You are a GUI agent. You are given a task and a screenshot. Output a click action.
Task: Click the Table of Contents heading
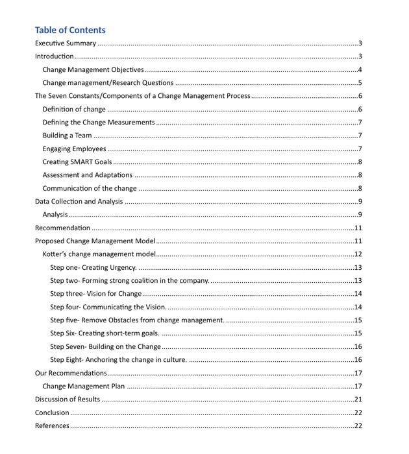point(70,30)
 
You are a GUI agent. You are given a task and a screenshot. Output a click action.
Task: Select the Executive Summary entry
point(66,43)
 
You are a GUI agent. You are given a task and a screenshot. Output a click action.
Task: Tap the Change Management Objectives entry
point(93,70)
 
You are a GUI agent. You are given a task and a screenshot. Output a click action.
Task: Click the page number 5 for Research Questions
point(359,83)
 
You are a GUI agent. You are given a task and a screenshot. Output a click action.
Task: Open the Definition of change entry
point(73,110)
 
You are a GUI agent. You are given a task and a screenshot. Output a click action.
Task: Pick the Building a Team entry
point(67,136)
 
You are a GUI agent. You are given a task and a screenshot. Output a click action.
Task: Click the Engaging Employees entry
point(74,149)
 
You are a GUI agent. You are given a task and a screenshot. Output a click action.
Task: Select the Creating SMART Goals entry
point(77,162)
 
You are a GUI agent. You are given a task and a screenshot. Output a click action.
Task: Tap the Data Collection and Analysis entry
point(79,202)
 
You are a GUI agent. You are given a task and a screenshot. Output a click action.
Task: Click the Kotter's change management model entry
point(99,254)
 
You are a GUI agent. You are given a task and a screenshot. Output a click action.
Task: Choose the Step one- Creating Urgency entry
point(93,268)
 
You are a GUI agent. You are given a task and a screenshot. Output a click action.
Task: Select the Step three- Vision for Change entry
point(95,294)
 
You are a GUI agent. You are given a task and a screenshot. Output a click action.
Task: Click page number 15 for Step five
point(358,320)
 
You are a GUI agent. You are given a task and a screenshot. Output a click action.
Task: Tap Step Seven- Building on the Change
point(105,347)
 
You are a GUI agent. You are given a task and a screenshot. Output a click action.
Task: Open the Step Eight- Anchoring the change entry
point(118,360)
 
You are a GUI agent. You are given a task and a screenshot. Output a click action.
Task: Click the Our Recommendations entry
point(71,373)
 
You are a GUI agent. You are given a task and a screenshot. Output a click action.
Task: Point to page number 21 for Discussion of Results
point(358,400)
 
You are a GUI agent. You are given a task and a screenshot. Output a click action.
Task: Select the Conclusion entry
point(52,412)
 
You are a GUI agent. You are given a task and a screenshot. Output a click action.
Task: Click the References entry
point(52,426)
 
